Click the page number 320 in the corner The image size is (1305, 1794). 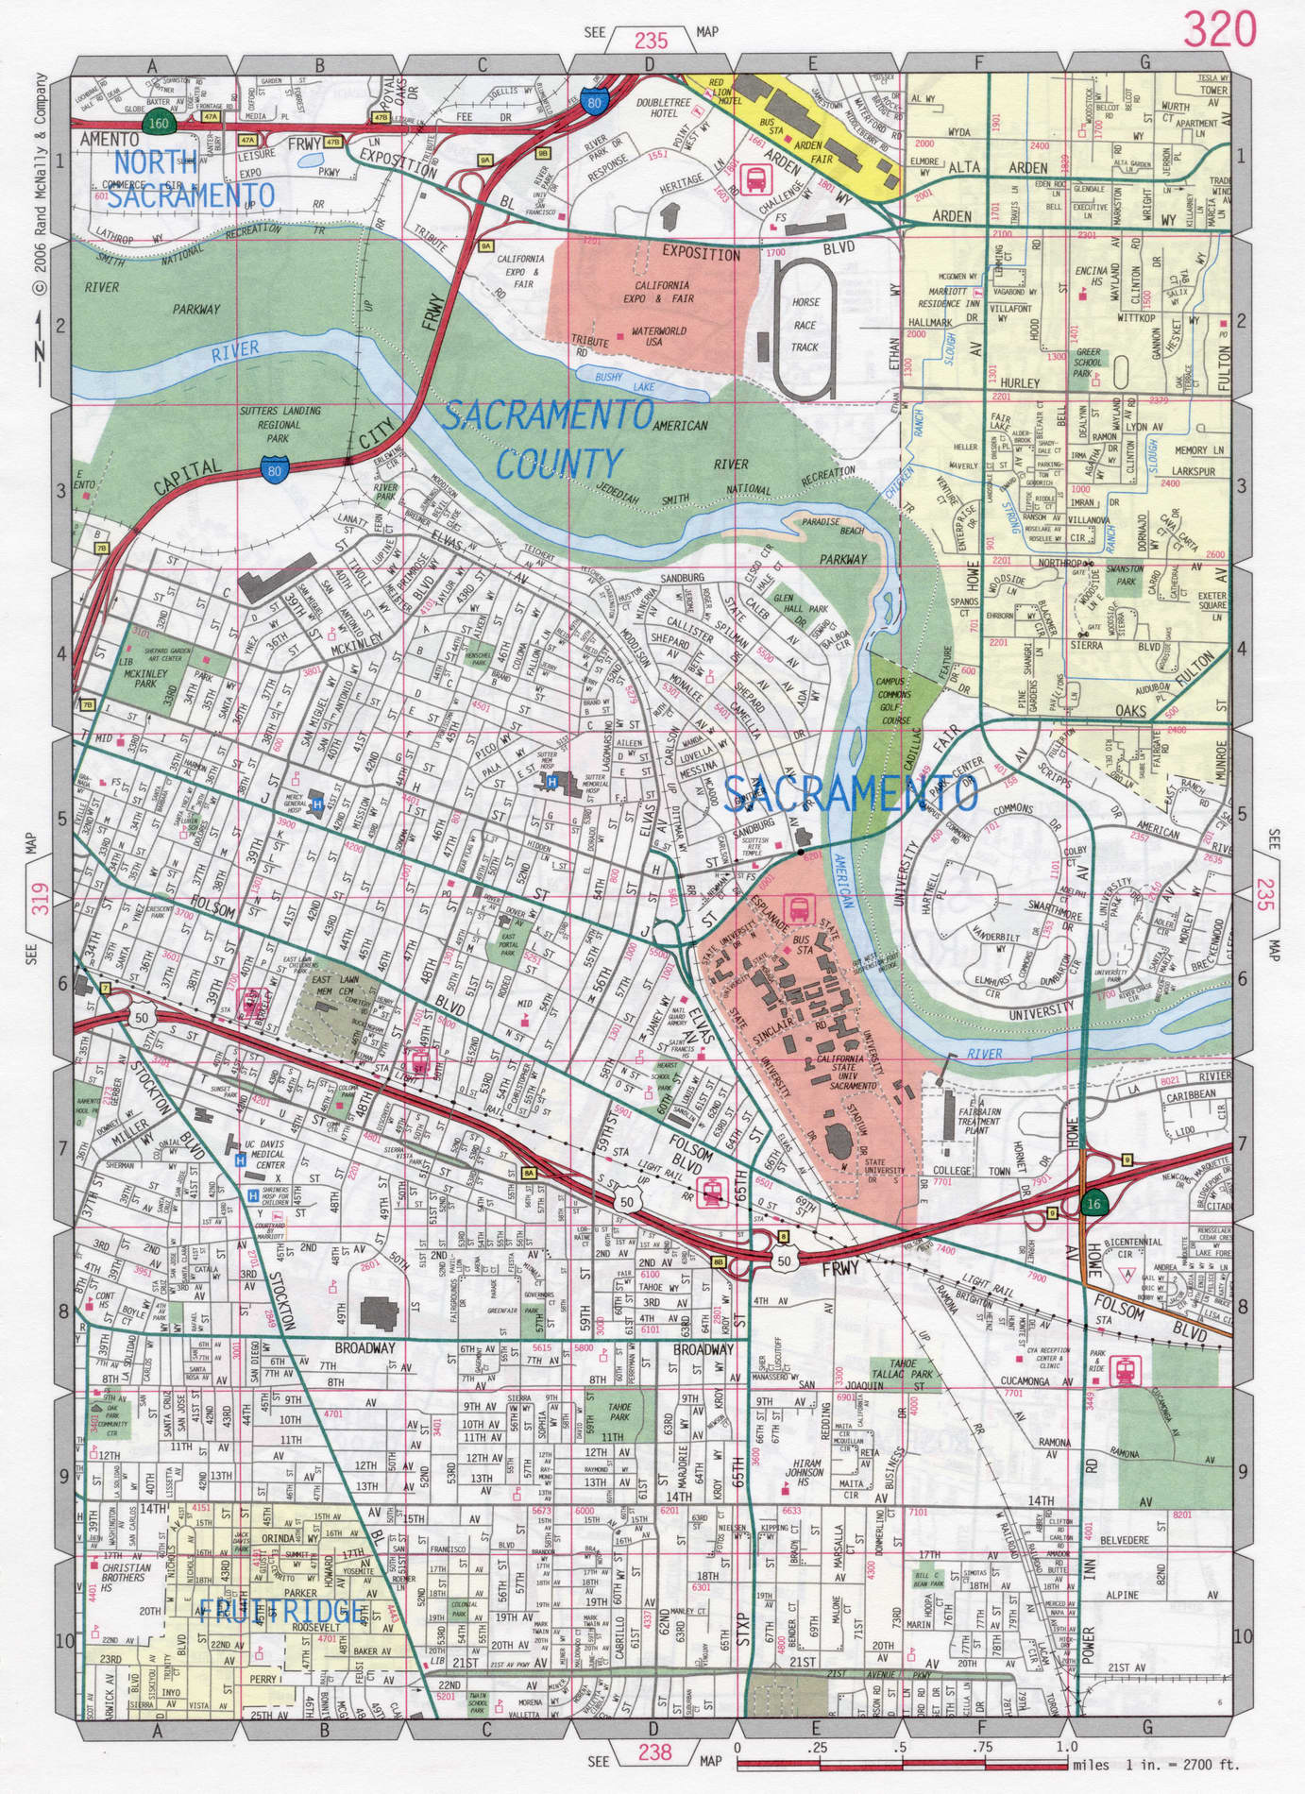point(1222,31)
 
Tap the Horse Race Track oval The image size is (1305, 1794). point(805,329)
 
